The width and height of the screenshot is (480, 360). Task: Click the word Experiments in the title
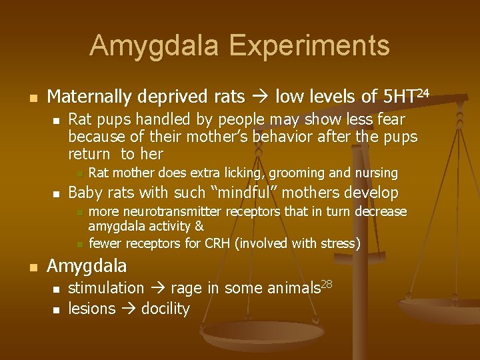click(x=309, y=45)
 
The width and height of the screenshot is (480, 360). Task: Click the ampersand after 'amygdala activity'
click(x=199, y=227)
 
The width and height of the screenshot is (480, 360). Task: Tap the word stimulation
click(x=106, y=288)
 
